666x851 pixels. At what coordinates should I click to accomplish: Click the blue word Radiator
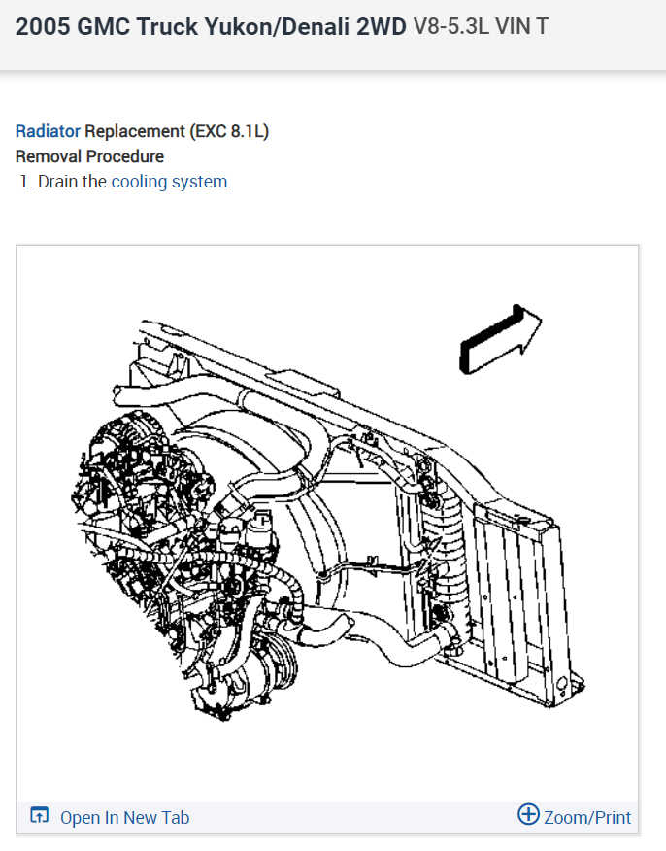pyautogui.click(x=48, y=131)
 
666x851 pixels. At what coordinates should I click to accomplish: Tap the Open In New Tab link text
pyautogui.click(x=124, y=817)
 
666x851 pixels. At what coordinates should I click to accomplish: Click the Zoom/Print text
pyautogui.click(x=587, y=817)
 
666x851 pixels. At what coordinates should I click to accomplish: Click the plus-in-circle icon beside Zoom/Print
pyautogui.click(x=528, y=814)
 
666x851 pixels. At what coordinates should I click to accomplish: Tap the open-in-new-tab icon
pyautogui.click(x=39, y=815)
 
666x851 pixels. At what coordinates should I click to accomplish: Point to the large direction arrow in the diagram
pyautogui.click(x=500, y=340)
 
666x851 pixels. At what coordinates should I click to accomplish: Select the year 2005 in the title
pyautogui.click(x=43, y=26)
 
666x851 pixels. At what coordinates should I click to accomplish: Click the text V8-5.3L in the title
pyautogui.click(x=451, y=26)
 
